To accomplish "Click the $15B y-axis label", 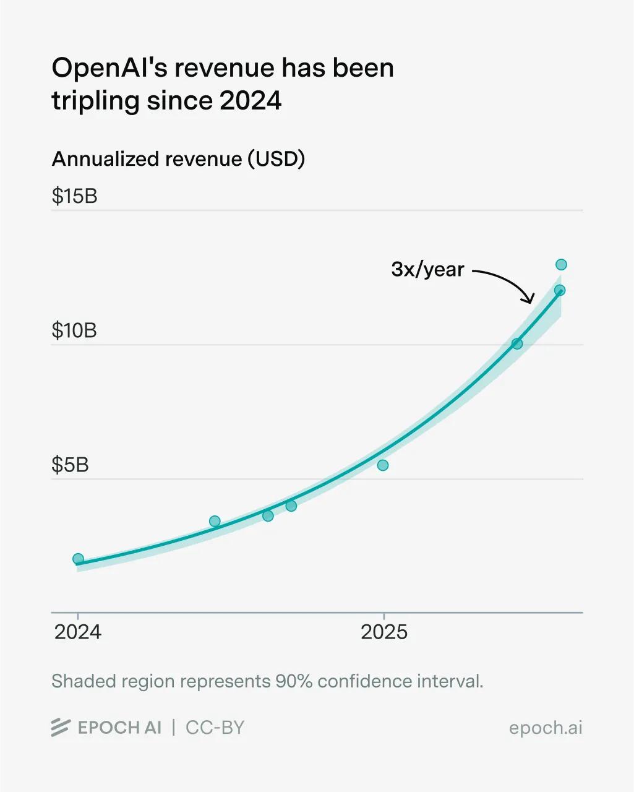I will pos(74,196).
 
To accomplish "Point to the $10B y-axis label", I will pos(74,330).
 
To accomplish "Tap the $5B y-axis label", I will pos(70,465).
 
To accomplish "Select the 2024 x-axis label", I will pos(78,632).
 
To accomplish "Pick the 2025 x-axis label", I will pos(384,632).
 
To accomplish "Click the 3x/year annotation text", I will pos(427,269).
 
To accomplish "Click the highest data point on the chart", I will pos(561,265).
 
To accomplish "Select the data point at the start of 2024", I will pos(78,559).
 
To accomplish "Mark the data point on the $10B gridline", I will pos(517,343).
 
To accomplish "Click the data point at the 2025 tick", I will pos(383,465).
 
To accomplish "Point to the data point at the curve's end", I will pos(560,290).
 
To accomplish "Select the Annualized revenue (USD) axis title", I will pos(178,159).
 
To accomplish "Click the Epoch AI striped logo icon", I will pos(60,728).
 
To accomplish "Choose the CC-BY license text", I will pos(215,728).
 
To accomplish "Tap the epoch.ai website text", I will pos(546,728).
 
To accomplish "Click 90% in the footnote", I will pos(292,681).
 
